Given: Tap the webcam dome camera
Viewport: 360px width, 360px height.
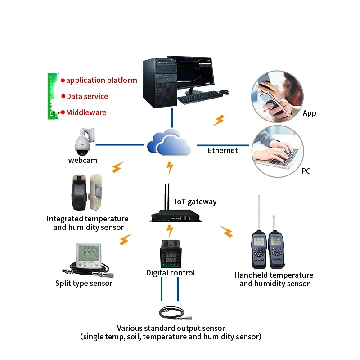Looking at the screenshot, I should click(x=84, y=141).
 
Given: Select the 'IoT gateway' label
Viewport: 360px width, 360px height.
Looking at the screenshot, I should click(x=195, y=202).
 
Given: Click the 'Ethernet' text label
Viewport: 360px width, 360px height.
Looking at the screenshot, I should click(x=222, y=150).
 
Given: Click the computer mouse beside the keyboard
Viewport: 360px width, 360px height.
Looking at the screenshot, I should click(x=225, y=92).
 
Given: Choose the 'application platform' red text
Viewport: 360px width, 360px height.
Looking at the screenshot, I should click(x=101, y=81).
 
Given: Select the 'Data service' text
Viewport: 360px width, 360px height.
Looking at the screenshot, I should click(x=87, y=96).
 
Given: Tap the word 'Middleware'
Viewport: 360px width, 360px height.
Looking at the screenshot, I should click(x=86, y=112).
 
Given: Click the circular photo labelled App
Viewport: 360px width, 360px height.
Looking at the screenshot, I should click(x=277, y=97).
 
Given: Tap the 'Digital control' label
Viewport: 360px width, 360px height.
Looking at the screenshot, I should click(x=171, y=273).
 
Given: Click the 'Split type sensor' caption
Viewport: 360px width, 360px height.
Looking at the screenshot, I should click(x=84, y=283).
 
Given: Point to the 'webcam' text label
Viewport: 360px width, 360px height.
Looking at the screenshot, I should click(x=82, y=160).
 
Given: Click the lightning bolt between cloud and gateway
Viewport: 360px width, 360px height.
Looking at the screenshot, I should click(x=170, y=167).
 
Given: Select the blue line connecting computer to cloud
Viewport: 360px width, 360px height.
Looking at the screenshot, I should click(x=171, y=118).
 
